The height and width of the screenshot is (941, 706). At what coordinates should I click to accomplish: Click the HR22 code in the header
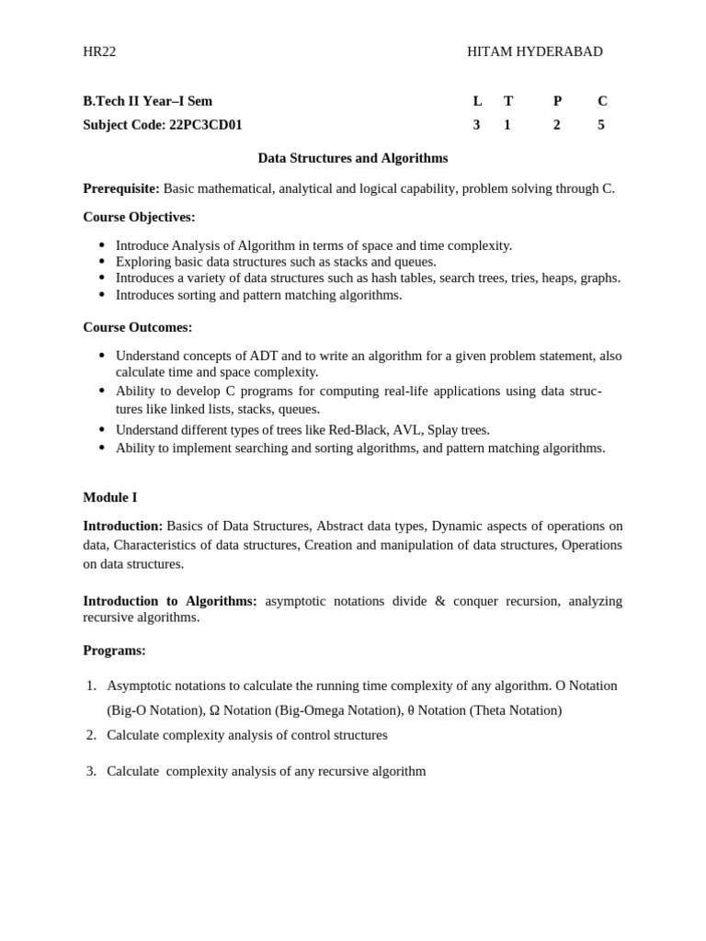[x=99, y=51]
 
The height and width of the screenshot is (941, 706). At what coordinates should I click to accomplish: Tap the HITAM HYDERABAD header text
[x=534, y=51]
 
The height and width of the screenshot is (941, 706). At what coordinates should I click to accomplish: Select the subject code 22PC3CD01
[x=205, y=125]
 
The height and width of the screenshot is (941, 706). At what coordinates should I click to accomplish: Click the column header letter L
[x=476, y=101]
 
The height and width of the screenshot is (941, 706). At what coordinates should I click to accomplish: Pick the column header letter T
[x=507, y=101]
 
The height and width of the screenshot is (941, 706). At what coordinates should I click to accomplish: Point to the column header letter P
[x=557, y=101]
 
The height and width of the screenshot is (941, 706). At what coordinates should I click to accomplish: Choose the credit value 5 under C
[x=601, y=125]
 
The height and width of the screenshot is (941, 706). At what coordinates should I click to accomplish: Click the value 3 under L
[x=476, y=125]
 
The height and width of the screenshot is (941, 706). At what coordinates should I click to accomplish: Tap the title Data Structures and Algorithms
[x=353, y=158]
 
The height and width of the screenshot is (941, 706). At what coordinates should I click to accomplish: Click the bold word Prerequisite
[x=121, y=188]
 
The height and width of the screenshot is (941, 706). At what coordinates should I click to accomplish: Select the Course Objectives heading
[x=139, y=217]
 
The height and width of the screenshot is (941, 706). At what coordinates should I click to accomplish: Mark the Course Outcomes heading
[x=138, y=327]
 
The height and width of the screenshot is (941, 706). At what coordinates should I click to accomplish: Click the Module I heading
[x=110, y=497]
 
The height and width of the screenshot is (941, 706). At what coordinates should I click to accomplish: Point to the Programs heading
[x=114, y=651]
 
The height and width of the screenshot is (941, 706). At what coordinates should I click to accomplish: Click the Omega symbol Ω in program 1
[x=214, y=710]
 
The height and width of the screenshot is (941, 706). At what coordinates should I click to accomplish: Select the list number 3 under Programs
[x=91, y=771]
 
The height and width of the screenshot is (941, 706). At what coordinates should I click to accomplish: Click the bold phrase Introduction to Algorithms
[x=170, y=601]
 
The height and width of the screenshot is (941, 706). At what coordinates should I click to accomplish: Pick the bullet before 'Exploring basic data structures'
[x=101, y=262]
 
